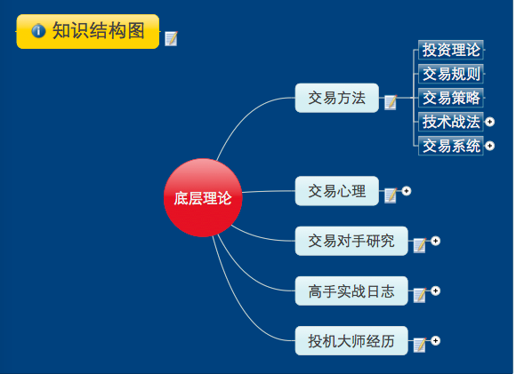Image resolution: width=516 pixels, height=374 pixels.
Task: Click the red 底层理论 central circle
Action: (x=203, y=198)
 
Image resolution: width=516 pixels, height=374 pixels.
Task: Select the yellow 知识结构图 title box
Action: (x=88, y=32)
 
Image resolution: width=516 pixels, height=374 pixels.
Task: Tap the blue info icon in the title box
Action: (x=38, y=31)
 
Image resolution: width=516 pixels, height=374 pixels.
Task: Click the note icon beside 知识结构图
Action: (x=171, y=39)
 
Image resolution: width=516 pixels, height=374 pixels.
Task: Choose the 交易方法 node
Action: (x=337, y=98)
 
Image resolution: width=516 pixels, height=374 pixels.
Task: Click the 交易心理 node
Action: (x=337, y=191)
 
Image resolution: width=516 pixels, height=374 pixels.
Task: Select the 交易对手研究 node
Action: (x=351, y=241)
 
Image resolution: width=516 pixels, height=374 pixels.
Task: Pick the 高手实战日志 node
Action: (x=351, y=290)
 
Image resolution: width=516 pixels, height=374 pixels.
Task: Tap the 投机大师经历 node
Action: (x=351, y=341)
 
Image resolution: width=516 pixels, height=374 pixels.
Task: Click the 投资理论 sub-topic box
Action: (x=451, y=50)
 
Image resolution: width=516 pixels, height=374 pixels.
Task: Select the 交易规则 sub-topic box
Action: (x=451, y=74)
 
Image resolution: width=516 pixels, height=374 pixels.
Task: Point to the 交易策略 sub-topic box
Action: (x=451, y=98)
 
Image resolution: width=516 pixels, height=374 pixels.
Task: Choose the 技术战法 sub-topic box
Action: (x=451, y=122)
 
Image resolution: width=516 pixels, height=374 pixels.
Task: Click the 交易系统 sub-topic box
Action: (x=451, y=146)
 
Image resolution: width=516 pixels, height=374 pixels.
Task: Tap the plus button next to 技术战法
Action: (x=489, y=122)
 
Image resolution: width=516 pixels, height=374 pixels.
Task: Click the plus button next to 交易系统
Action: (x=489, y=146)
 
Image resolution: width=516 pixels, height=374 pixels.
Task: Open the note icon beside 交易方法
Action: (x=391, y=102)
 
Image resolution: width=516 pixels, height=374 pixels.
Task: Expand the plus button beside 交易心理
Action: (x=407, y=191)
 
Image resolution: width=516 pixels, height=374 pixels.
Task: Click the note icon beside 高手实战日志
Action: (x=420, y=295)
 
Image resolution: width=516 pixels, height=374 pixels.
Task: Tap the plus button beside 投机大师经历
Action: (x=435, y=341)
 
